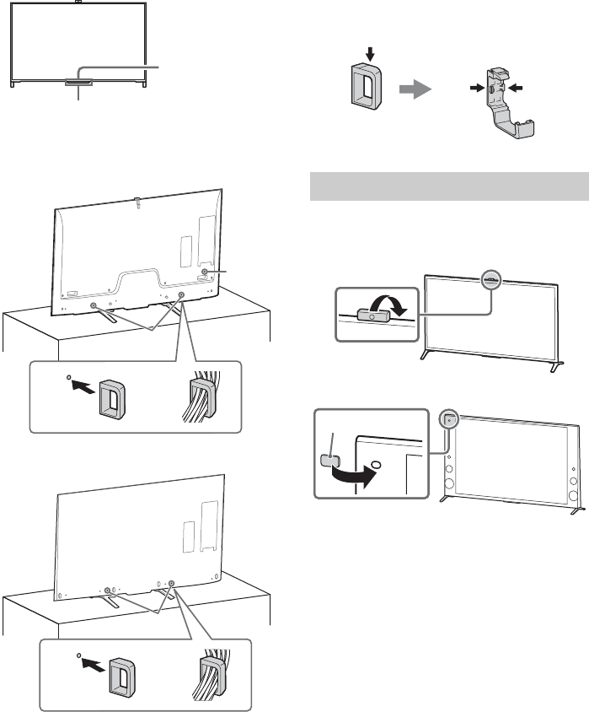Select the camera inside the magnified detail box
point(372,316)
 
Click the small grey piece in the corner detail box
point(330,460)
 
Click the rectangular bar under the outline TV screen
point(80,82)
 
